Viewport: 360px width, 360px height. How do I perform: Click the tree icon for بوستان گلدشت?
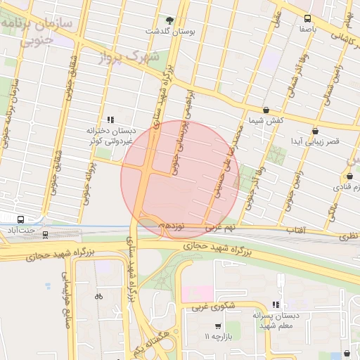tap(169, 20)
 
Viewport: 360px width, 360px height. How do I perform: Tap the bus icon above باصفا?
tap(307, 19)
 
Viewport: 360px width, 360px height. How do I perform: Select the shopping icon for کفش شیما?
tap(266, 110)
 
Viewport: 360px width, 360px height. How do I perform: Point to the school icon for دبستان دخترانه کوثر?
tap(110, 120)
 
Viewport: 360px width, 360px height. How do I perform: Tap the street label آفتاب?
tap(295, 230)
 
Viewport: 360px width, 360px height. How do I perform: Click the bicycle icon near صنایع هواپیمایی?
tap(98, 296)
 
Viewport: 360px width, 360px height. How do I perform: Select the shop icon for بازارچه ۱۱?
tap(217, 327)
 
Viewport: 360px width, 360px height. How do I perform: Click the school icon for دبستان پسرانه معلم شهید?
tap(276, 304)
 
